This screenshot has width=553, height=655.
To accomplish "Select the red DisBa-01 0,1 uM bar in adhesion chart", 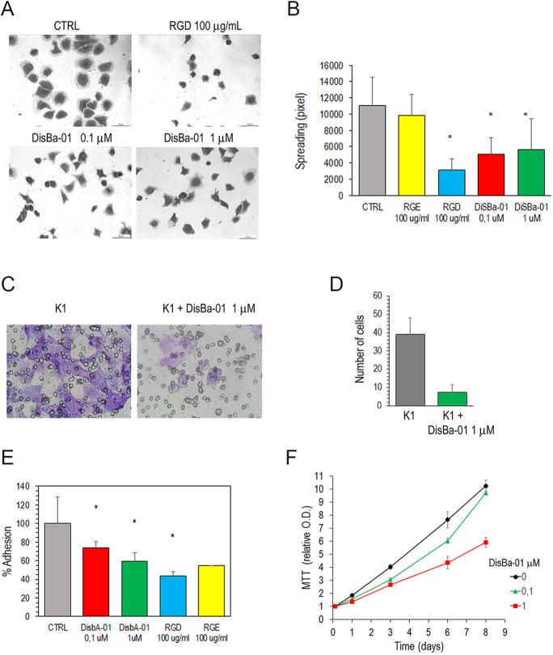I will tap(97, 581).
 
